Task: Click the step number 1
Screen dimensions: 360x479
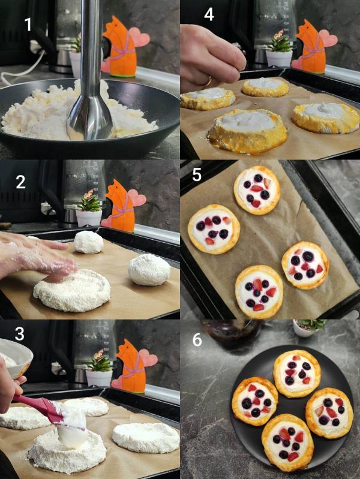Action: pyautogui.click(x=28, y=25)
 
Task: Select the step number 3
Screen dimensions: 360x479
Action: pyautogui.click(x=20, y=334)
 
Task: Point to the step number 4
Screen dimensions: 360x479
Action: pyautogui.click(x=209, y=14)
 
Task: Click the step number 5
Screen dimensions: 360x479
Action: pyautogui.click(x=196, y=174)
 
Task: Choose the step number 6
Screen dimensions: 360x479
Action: pyautogui.click(x=197, y=340)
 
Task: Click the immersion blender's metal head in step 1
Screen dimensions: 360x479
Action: pyautogui.click(x=89, y=116)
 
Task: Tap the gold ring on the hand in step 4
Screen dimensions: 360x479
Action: pyautogui.click(x=208, y=82)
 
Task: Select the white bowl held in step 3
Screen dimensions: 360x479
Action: pyautogui.click(x=15, y=357)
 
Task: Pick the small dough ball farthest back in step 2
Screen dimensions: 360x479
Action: pyautogui.click(x=88, y=242)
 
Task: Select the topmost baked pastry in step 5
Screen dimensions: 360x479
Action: pyautogui.click(x=257, y=190)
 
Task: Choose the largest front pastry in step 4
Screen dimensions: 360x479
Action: pyautogui.click(x=247, y=130)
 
